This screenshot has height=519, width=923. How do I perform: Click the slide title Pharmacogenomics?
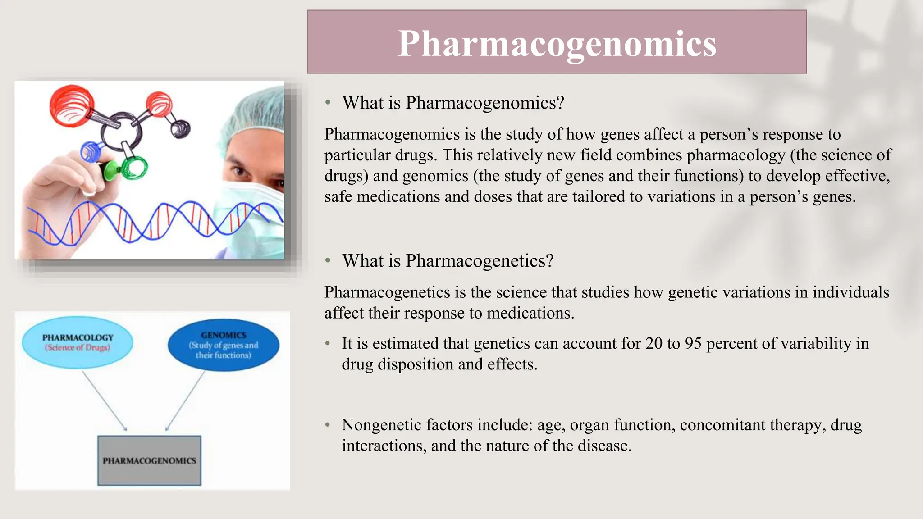(x=557, y=43)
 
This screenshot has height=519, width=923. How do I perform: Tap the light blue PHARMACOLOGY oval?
(x=78, y=342)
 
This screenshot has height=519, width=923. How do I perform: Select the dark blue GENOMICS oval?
(x=224, y=345)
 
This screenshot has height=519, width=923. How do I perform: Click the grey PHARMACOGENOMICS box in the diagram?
(x=149, y=460)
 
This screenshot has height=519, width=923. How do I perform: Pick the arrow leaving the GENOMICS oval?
(x=185, y=401)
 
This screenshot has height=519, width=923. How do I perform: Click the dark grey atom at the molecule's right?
(x=180, y=128)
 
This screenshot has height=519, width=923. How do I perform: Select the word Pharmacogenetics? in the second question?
(x=479, y=261)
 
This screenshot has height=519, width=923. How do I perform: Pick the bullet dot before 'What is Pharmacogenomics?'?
(x=328, y=103)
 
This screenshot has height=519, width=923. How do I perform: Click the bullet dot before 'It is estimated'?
(x=328, y=343)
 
